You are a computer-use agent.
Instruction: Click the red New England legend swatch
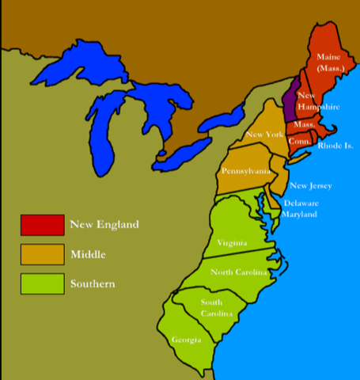pos(42,225)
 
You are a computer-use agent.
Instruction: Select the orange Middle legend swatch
pos(42,254)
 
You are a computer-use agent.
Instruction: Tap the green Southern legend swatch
pos(42,283)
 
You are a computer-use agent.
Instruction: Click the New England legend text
pos(104,225)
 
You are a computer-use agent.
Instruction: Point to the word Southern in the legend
pos(92,283)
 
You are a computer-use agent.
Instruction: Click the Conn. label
pos(298,140)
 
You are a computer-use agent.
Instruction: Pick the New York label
pos(263,135)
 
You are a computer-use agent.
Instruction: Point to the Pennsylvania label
pos(245,171)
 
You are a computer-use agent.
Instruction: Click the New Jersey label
pos(310,186)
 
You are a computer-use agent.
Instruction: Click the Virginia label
pos(232,242)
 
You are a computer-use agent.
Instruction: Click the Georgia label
pos(186,340)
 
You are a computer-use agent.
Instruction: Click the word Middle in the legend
pos(88,254)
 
